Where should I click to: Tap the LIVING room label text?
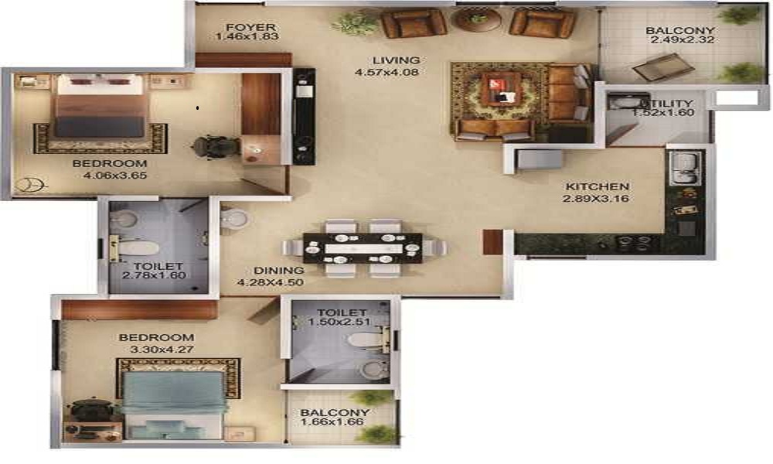pos(397,60)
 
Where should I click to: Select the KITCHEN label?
pos(597,187)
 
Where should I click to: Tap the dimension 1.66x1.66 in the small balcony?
pos(335,424)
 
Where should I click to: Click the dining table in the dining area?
pos(363,248)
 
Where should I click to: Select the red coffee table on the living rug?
pos(500,90)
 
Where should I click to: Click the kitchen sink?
pos(686,168)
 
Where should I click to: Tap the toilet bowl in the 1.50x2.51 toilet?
pos(364,339)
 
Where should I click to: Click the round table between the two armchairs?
pos(478,19)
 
